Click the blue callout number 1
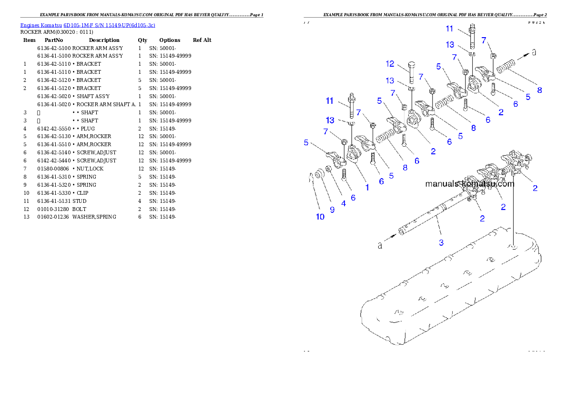point(367,188)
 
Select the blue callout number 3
point(441,242)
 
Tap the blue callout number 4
point(343,203)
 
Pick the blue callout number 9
point(332,210)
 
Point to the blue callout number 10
point(320,217)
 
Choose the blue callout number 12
point(390,63)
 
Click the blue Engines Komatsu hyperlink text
point(87,25)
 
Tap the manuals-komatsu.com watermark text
point(469,184)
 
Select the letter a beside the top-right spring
point(534,52)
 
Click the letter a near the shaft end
point(380,245)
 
